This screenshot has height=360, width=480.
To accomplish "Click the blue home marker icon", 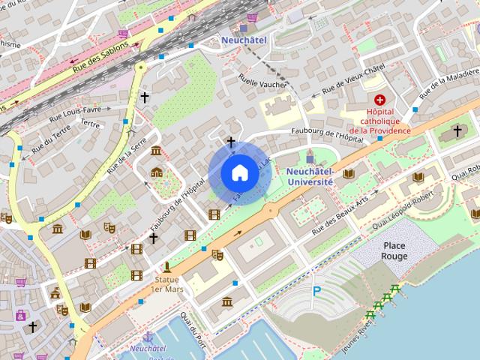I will point(240,173).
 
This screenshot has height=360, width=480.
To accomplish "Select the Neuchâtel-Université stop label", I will point(310,175).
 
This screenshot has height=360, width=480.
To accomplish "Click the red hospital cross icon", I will point(379,100).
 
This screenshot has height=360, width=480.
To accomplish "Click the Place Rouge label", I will point(394,250).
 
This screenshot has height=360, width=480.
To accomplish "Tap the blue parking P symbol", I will point(316,291).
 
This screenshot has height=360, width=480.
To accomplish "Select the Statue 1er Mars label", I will point(166,283).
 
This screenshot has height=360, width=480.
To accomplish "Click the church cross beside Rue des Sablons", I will point(145,97).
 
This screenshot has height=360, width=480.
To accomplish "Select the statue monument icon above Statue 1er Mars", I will point(167,266).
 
